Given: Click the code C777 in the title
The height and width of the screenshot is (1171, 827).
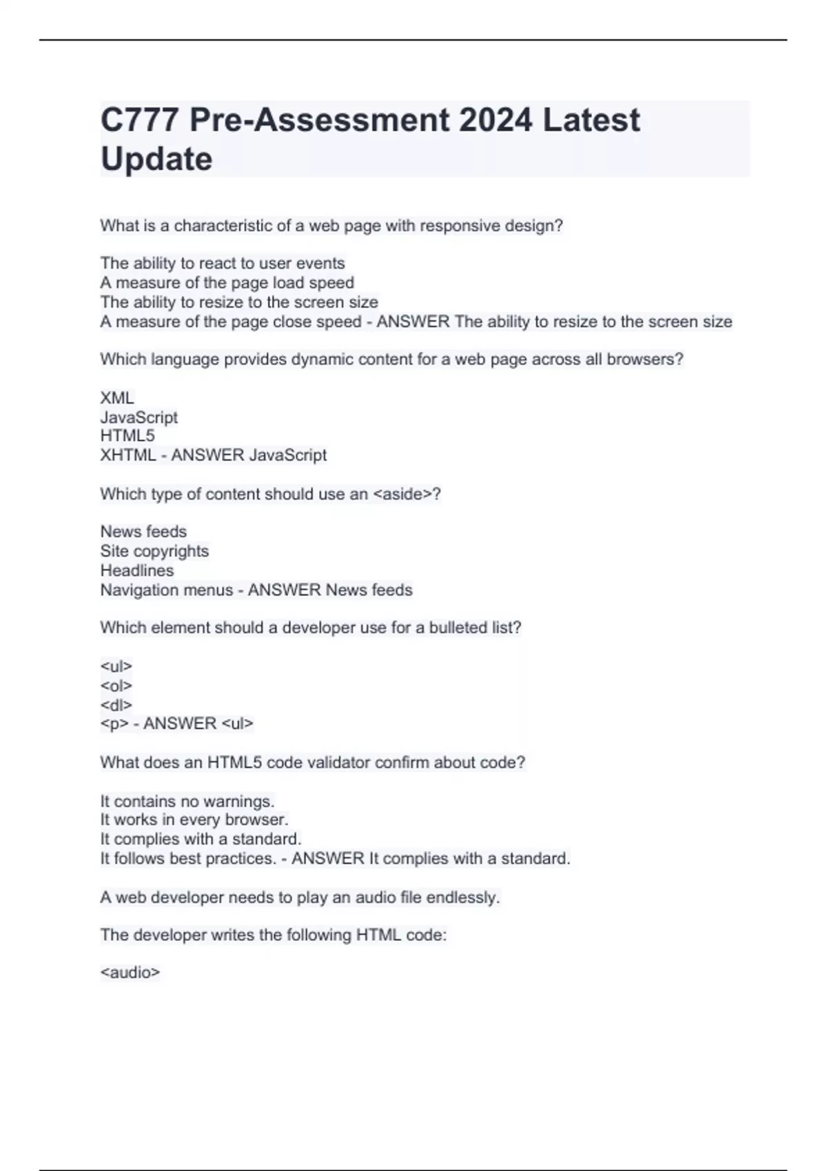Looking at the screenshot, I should pyautogui.click(x=140, y=120).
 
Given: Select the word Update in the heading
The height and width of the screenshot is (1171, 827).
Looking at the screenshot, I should pyautogui.click(x=156, y=159).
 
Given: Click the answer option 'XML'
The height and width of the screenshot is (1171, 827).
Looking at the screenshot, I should pyautogui.click(x=117, y=398).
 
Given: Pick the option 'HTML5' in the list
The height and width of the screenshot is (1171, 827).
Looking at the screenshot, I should pyautogui.click(x=127, y=436).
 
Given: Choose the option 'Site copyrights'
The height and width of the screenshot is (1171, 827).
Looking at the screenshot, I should pyautogui.click(x=154, y=551).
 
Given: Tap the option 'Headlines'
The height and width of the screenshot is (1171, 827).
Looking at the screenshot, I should pyautogui.click(x=137, y=570).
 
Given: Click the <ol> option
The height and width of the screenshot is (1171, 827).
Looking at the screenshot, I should pyautogui.click(x=116, y=685).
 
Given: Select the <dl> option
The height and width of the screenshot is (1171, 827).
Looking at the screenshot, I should pyautogui.click(x=116, y=705).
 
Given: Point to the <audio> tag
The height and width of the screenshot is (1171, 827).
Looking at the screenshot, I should pyautogui.click(x=130, y=973).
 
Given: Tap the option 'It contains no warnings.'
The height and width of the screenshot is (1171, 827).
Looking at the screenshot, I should pyautogui.click(x=187, y=801).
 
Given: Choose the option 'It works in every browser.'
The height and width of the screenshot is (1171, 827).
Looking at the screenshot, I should pyautogui.click(x=194, y=820).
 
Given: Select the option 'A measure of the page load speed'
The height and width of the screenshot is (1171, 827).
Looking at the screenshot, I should pyautogui.click(x=227, y=282).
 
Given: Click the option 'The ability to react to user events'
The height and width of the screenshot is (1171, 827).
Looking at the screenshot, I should pyautogui.click(x=223, y=263).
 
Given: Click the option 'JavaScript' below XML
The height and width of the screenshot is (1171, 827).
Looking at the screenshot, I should pyautogui.click(x=139, y=417).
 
